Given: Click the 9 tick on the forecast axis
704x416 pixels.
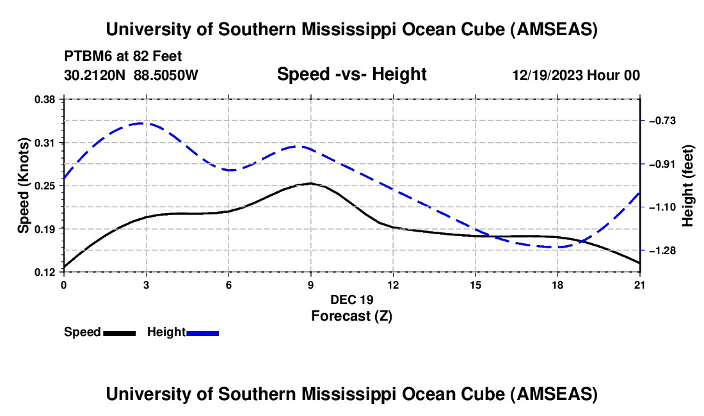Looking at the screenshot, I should [310, 284].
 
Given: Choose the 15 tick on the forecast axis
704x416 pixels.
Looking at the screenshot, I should [476, 284].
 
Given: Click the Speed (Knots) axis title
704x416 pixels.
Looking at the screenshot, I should [24, 186].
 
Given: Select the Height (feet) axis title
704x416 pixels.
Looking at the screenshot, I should [688, 186].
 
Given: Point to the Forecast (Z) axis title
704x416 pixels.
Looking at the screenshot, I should [351, 316].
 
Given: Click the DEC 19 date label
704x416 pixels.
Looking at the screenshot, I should [351, 300].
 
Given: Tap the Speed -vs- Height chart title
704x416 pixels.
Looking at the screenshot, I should [351, 74].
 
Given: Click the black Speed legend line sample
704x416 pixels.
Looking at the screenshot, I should [119, 333].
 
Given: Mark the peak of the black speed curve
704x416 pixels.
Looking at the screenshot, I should [310, 184].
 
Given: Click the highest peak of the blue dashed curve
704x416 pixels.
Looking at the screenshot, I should [142, 123].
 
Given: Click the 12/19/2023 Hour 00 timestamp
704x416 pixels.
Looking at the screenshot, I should [576, 75].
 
